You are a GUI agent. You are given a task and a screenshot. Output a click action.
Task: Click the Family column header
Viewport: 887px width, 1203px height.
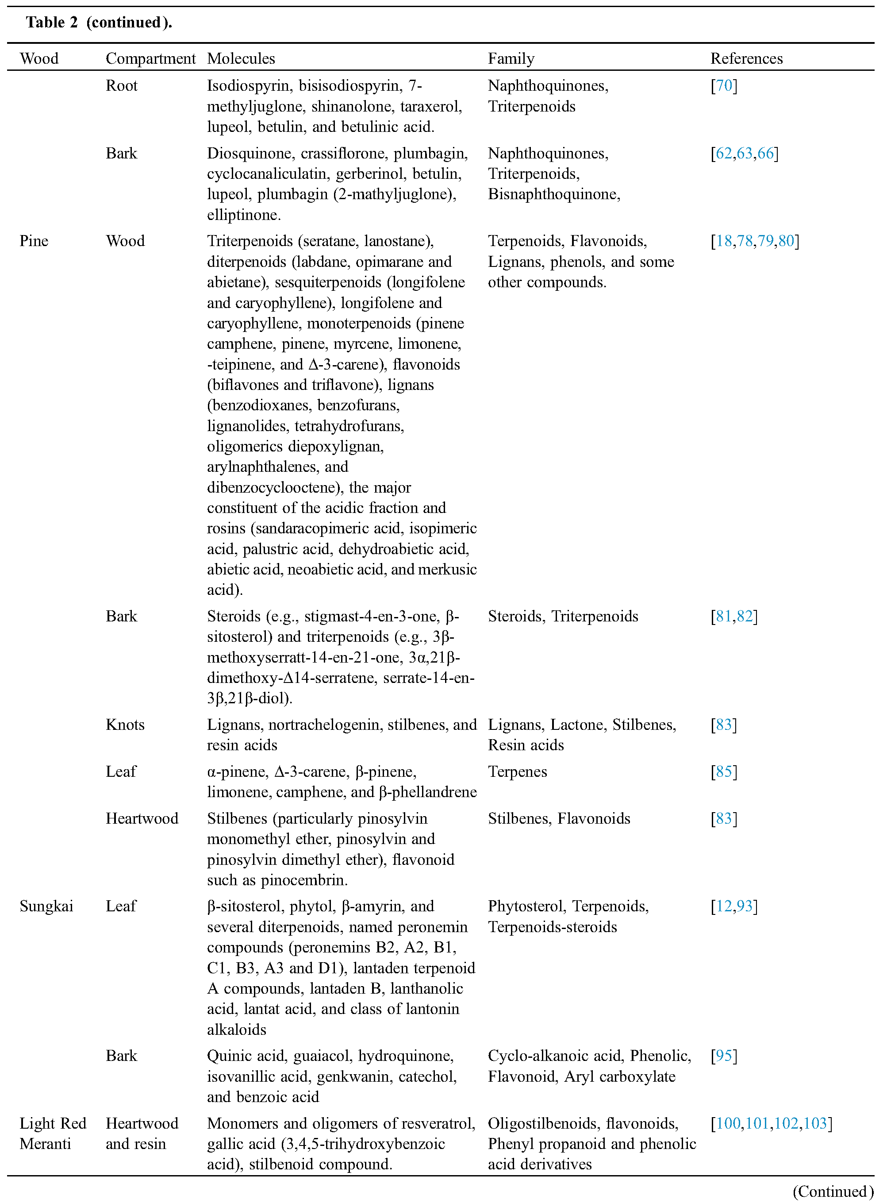click(511, 58)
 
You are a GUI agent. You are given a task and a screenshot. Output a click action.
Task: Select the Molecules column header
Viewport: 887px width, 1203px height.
click(241, 58)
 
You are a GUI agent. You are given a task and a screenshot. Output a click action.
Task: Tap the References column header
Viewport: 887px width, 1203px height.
click(746, 58)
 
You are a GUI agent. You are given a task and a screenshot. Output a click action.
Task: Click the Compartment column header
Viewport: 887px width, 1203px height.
click(150, 58)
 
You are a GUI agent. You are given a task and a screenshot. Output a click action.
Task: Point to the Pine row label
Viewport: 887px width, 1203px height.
click(34, 241)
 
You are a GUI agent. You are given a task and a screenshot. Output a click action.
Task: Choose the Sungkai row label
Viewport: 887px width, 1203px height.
click(46, 906)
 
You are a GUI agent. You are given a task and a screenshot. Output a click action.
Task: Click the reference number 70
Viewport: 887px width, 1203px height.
click(724, 86)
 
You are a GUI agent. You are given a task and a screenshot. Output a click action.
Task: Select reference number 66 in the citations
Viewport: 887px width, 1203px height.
click(766, 154)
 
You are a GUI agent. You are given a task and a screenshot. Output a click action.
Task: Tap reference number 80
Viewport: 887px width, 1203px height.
click(786, 241)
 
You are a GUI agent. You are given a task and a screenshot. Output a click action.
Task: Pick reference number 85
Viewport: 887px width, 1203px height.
click(724, 772)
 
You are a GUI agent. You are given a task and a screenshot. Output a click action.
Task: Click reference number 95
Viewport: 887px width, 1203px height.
click(724, 1056)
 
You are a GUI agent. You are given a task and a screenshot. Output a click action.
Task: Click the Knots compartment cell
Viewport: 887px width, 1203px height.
click(125, 725)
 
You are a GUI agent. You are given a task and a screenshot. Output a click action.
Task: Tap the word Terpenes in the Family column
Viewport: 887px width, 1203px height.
click(517, 772)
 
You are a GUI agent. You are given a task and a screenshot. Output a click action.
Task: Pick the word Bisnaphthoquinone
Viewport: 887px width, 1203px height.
click(553, 194)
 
